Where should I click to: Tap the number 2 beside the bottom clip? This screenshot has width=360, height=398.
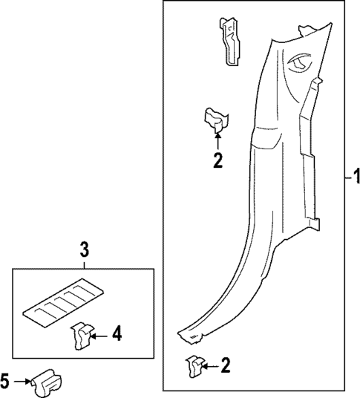226,365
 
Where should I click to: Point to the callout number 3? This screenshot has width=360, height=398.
85,249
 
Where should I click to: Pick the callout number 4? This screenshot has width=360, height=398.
117,336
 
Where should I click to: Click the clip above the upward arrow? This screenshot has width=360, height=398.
216,119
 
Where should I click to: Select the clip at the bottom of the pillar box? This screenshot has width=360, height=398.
194,366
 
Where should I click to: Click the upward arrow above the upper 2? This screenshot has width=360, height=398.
217,139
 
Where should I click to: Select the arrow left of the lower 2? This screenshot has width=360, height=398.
211,365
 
